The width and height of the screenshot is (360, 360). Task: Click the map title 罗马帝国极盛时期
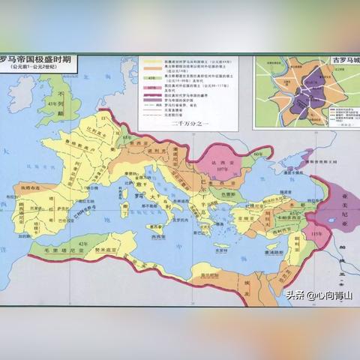point(37,58)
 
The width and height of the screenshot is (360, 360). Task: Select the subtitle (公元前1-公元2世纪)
point(34,68)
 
